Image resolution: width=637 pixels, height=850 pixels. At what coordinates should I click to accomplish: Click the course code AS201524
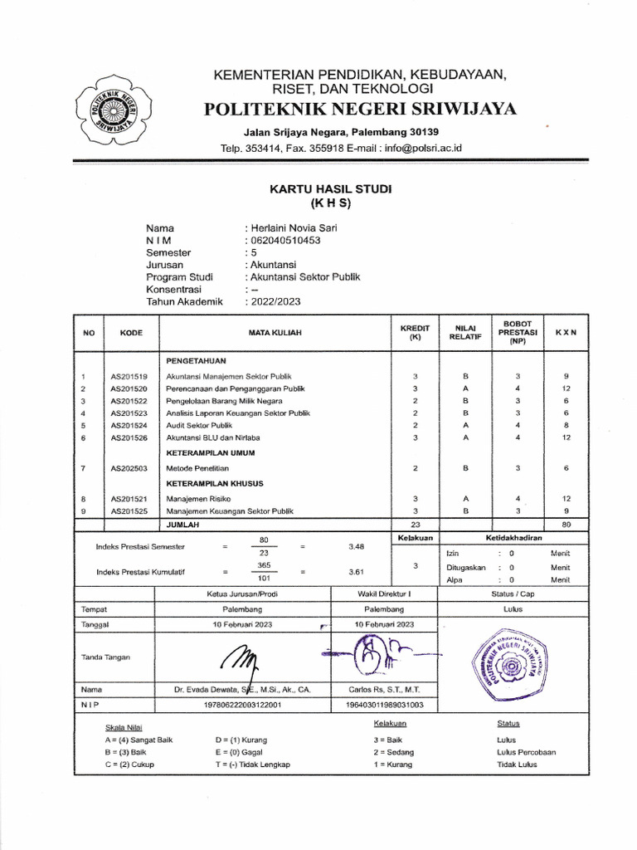(x=129, y=424)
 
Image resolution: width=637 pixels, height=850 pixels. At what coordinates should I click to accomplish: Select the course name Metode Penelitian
(x=197, y=468)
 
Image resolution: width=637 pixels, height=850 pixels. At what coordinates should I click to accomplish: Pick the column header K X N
(x=565, y=332)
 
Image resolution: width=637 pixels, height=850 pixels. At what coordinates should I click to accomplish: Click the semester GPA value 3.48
(x=358, y=546)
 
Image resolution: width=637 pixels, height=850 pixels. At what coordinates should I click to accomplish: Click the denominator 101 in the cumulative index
(x=265, y=579)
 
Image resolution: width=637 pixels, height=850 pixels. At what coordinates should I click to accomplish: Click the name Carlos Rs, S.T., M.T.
(x=384, y=690)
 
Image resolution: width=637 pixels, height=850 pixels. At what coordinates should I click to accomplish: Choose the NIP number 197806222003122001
(x=237, y=705)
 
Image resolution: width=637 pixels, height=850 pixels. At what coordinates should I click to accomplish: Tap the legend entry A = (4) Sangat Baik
(x=139, y=739)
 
